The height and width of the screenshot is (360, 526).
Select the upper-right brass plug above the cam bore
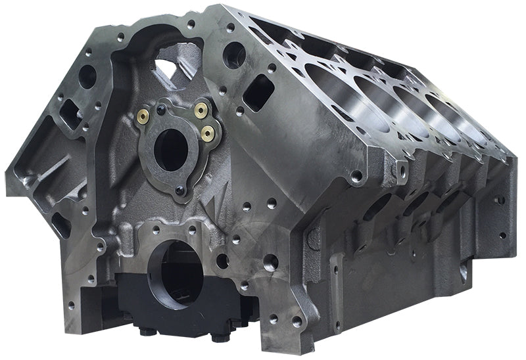click(202, 108)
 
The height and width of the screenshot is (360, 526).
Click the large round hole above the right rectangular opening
click(233, 54)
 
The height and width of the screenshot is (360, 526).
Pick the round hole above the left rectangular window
click(87, 76)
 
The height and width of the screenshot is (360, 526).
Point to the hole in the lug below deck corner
click(356, 176)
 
